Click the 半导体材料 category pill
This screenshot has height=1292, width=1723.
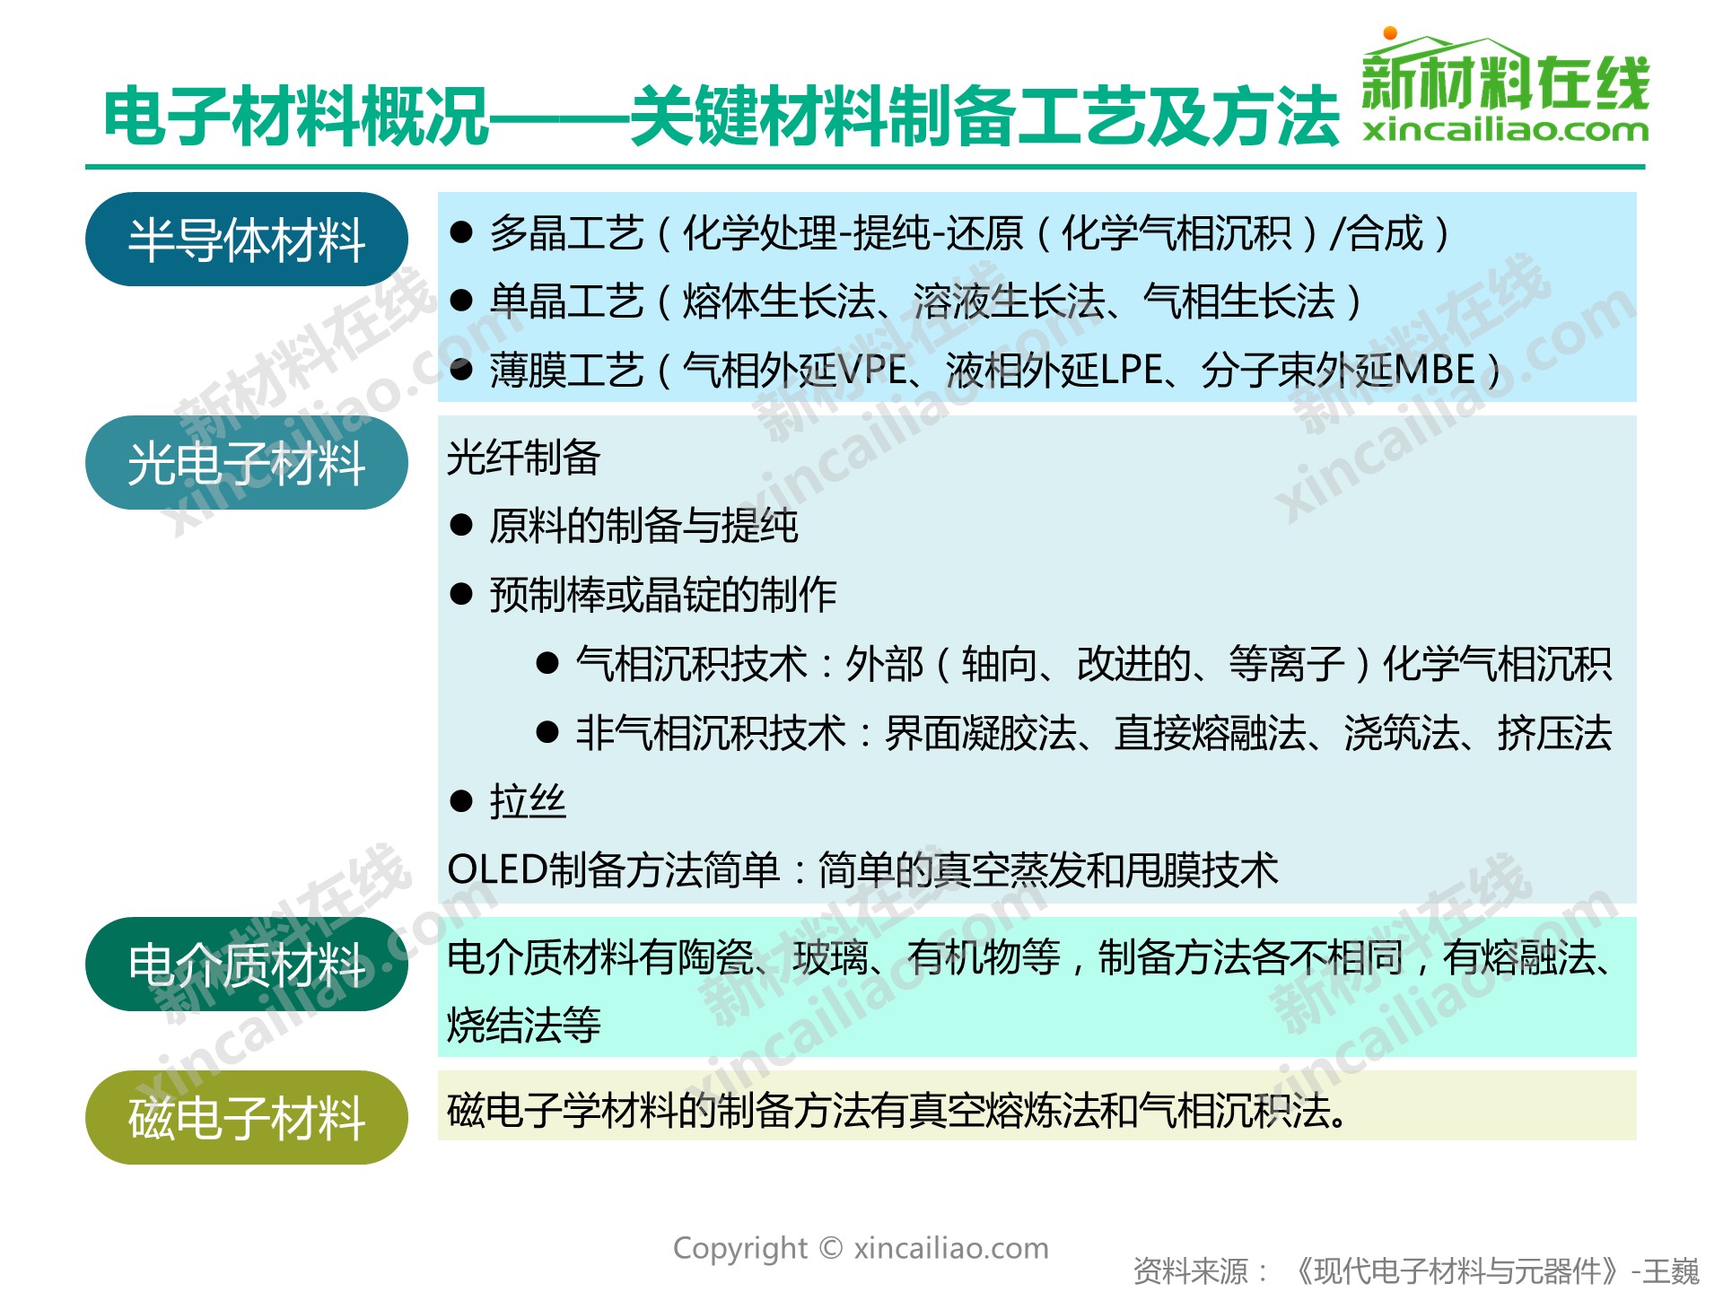point(247,240)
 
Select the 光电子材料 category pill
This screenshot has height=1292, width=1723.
point(247,463)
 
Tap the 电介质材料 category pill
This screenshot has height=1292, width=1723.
point(247,965)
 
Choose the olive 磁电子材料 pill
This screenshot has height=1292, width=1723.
point(247,1117)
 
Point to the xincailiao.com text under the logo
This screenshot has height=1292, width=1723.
point(1506,131)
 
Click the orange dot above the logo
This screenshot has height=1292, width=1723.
point(1390,33)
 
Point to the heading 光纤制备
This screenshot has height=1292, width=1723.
point(524,457)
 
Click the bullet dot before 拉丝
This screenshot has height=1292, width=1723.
point(461,801)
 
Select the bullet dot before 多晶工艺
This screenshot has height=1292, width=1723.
point(461,233)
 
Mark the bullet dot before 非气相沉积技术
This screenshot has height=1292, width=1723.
point(547,732)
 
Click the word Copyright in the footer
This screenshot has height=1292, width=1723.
point(740,1248)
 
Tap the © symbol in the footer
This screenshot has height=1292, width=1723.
point(831,1248)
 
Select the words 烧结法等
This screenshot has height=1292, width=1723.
point(524,1025)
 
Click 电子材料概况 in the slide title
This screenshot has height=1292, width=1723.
point(296,117)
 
